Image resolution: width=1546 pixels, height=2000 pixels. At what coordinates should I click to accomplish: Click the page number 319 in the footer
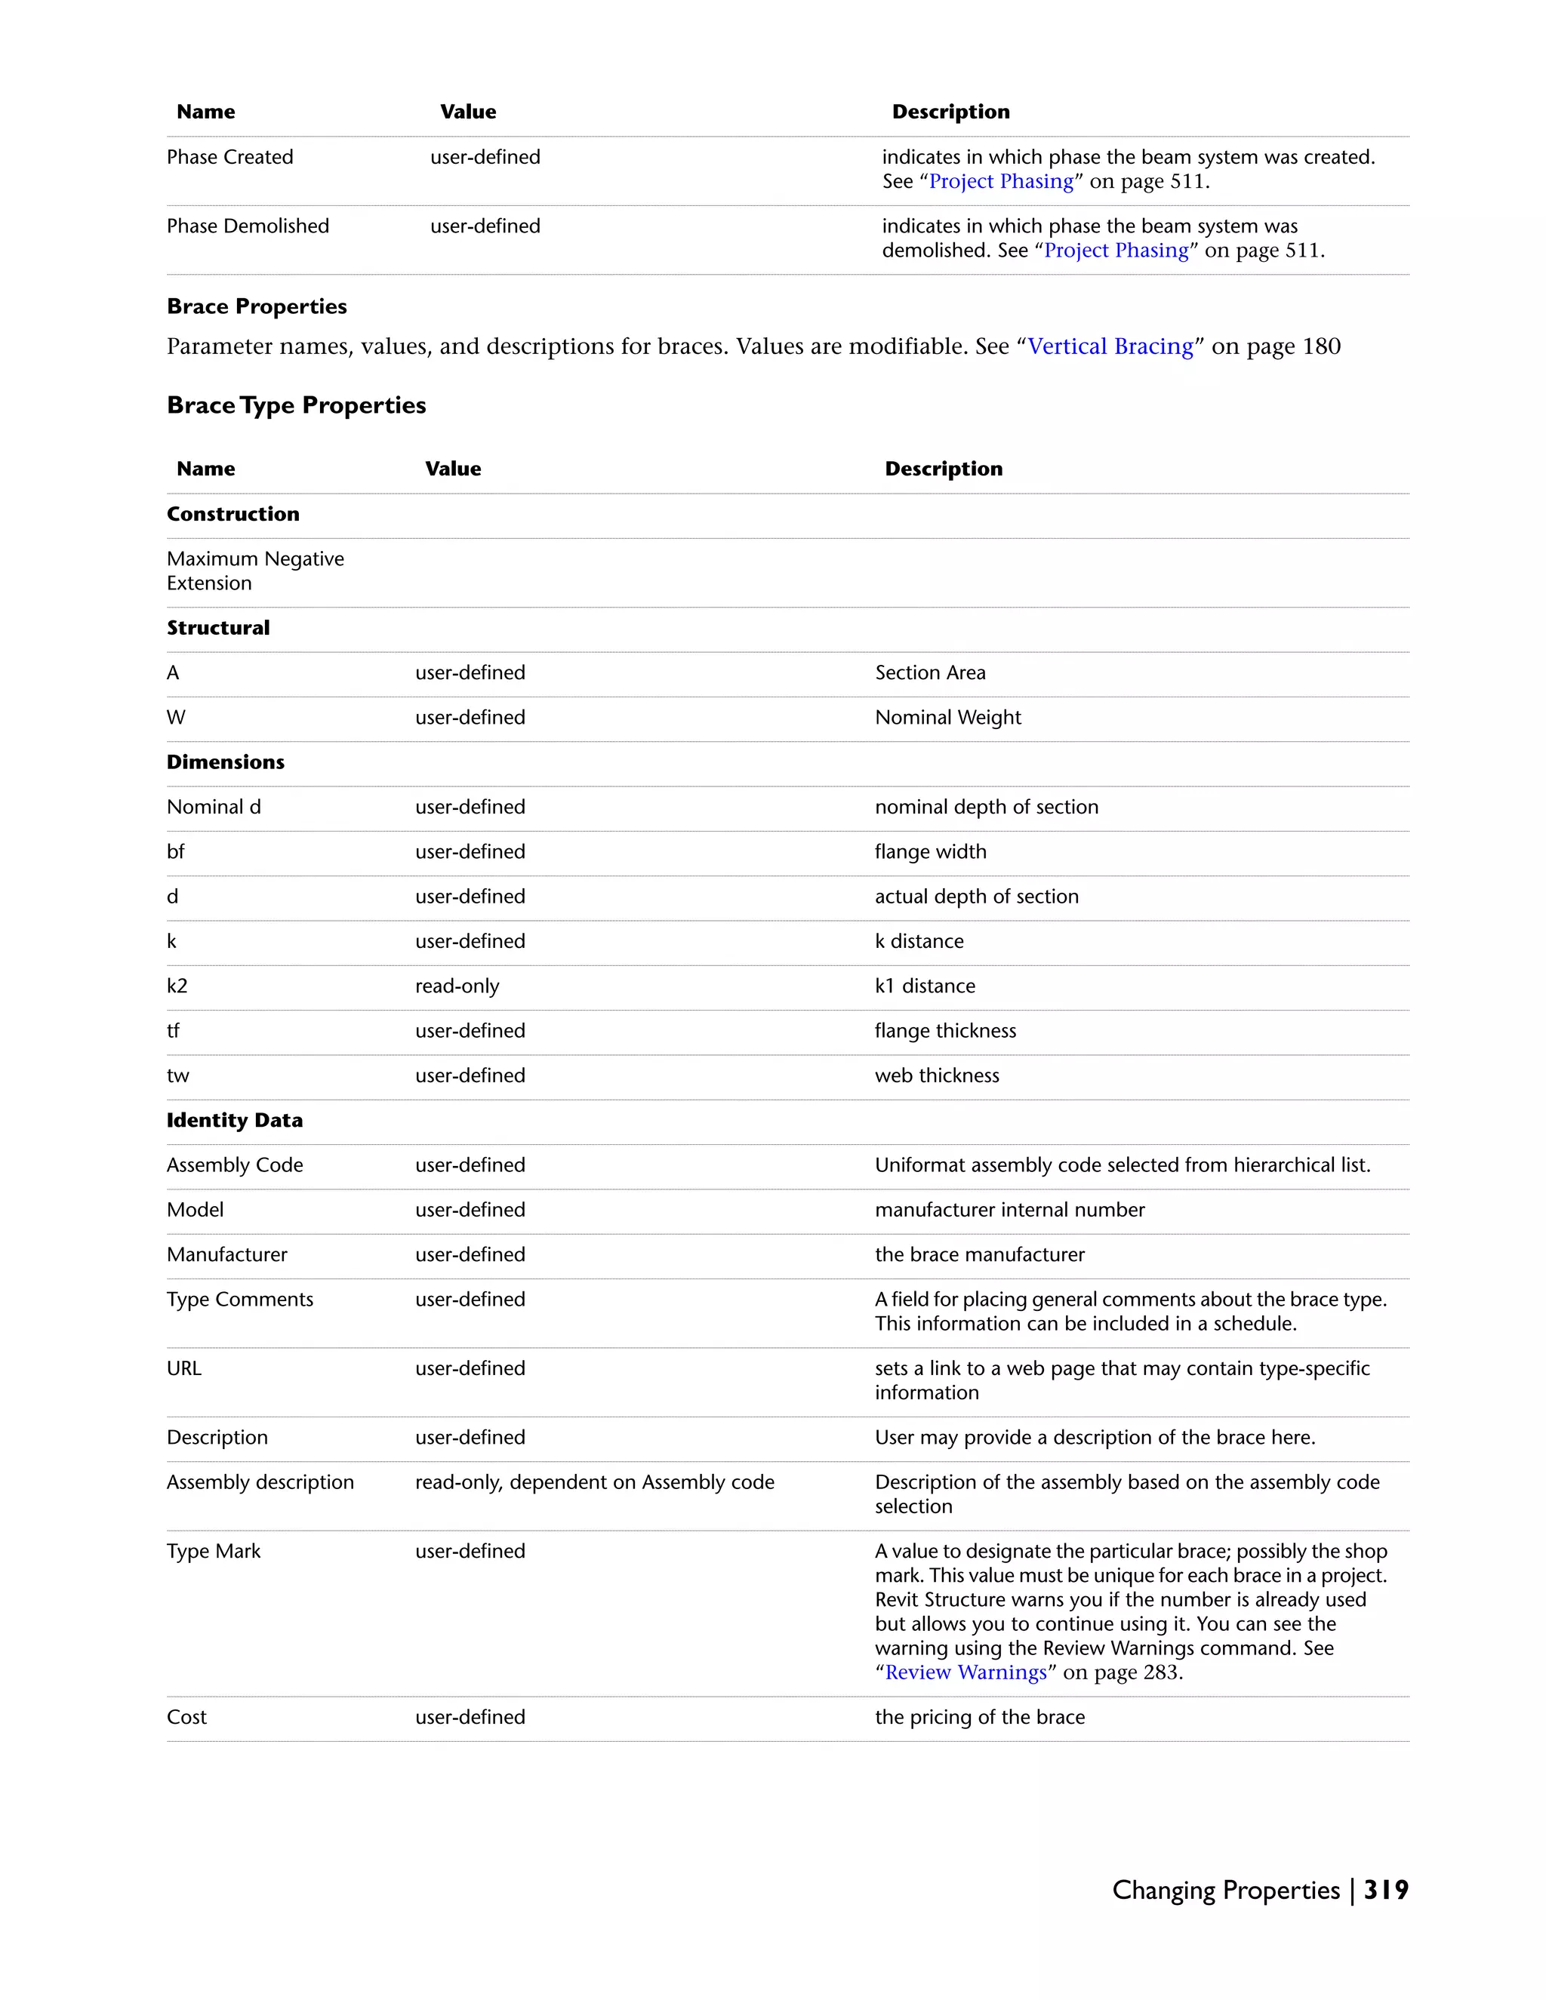click(x=1386, y=1890)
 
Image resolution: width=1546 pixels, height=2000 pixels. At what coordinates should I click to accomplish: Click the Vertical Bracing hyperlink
click(x=1110, y=346)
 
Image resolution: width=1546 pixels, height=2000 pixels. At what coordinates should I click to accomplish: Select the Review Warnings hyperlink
click(x=965, y=1672)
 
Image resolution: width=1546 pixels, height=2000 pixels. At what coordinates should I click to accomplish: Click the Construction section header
click(x=233, y=514)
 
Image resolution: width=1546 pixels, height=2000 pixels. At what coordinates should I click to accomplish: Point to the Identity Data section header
click(x=235, y=1120)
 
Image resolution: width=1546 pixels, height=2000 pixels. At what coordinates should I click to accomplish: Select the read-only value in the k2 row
click(x=457, y=986)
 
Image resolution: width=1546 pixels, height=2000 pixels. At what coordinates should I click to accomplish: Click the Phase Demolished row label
click(x=248, y=226)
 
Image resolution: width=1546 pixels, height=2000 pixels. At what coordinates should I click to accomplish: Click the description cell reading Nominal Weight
click(x=947, y=717)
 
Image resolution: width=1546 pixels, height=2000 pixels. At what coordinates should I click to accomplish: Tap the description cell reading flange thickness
click(x=944, y=1030)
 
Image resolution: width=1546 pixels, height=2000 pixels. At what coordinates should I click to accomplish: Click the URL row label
click(x=183, y=1368)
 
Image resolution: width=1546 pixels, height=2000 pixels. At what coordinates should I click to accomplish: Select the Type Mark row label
click(x=214, y=1550)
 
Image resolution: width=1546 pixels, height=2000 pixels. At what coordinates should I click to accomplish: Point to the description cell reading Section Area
click(x=929, y=672)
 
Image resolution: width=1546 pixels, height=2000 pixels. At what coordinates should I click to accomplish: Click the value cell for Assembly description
click(x=594, y=1482)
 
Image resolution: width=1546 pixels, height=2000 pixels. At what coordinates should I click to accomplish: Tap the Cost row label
click(x=187, y=1717)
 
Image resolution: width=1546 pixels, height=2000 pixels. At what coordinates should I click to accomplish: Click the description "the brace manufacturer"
click(x=979, y=1254)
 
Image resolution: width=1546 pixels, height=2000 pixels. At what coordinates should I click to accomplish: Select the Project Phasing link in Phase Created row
click(x=1000, y=181)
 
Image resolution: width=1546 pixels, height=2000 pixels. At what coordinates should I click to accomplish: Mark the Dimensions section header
click(x=225, y=762)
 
